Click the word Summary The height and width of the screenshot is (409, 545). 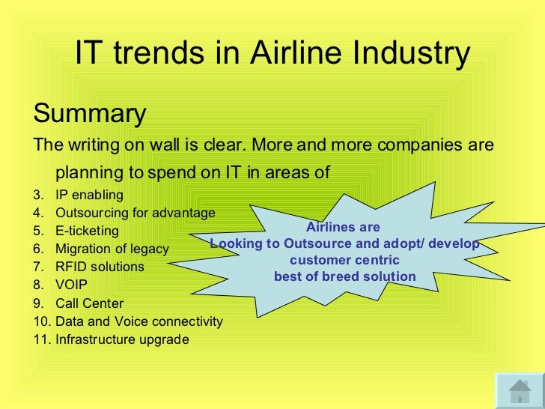[x=90, y=115]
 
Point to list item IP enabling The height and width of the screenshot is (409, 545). [x=89, y=195]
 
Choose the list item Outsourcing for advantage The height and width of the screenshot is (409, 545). [x=135, y=212]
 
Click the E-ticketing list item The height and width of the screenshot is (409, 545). [x=86, y=231]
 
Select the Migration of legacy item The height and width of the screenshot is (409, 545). [x=112, y=249]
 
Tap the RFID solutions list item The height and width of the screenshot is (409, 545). [x=100, y=267]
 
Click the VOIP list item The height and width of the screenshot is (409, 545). [x=71, y=285]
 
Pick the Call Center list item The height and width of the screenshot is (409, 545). [x=89, y=303]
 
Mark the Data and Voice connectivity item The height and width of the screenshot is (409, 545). [x=138, y=321]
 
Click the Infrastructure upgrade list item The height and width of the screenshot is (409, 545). [x=122, y=339]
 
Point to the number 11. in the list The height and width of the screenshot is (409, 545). [x=43, y=339]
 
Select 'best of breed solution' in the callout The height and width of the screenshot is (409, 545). [x=344, y=276]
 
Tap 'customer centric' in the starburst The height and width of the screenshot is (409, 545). [x=344, y=261]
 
